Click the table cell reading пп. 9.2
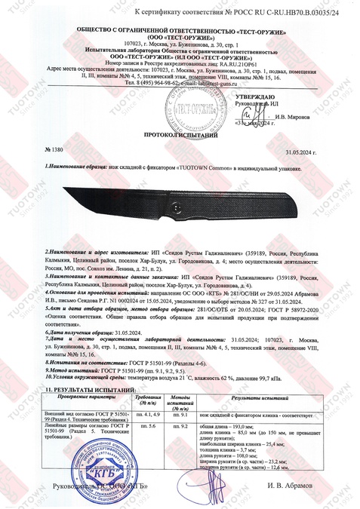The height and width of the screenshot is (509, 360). click(180, 427)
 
